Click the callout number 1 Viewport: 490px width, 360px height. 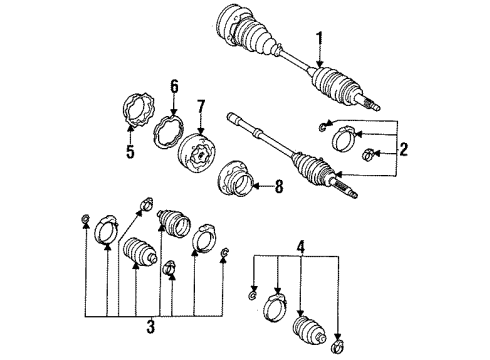coord(320,39)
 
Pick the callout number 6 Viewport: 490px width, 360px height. coord(174,88)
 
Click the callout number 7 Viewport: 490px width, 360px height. coord(201,104)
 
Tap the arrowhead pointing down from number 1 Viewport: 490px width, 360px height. coord(320,69)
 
